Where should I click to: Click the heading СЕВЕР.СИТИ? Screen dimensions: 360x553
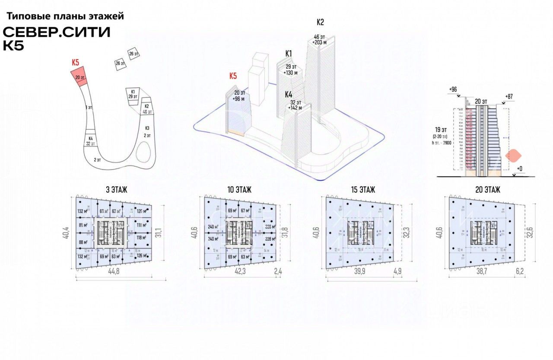(x=57, y=32)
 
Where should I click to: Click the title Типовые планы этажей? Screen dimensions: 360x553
(x=65, y=16)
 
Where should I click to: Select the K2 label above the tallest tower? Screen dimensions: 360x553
(x=320, y=22)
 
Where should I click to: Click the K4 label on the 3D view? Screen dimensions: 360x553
(x=289, y=94)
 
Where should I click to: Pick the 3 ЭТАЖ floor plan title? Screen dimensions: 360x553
(x=113, y=189)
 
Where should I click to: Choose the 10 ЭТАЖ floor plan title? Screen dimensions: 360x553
(x=239, y=189)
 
